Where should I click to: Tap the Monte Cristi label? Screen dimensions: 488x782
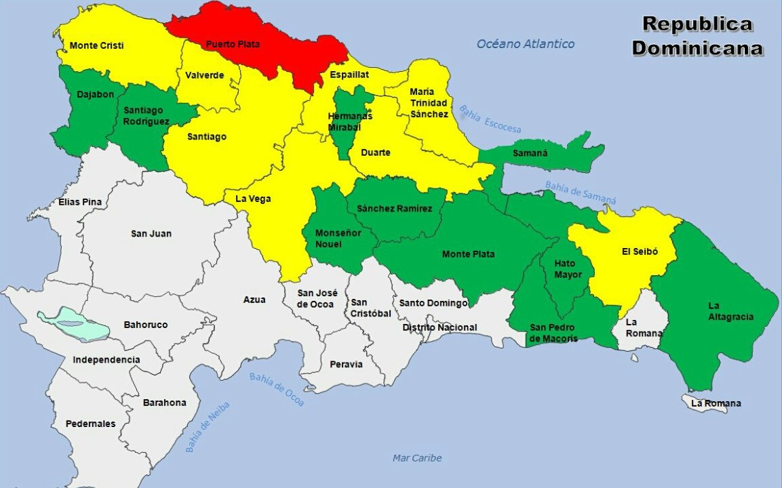click(97, 46)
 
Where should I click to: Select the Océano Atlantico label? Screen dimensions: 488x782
click(525, 44)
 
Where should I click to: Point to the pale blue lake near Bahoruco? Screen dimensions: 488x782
click(75, 324)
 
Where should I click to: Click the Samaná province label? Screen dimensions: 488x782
click(530, 154)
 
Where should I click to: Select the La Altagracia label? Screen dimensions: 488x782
click(730, 311)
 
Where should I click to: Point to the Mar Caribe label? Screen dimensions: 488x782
click(417, 458)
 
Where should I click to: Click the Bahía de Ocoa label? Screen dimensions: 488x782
click(276, 390)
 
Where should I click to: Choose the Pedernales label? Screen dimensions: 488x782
click(90, 424)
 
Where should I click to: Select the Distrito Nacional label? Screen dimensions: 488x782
click(439, 327)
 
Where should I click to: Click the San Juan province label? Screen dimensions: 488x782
click(151, 234)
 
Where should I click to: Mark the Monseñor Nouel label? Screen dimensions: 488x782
click(338, 238)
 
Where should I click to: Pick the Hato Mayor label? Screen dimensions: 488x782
click(564, 269)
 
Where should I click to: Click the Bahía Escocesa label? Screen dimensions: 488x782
click(490, 119)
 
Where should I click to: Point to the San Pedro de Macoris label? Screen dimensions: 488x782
click(553, 333)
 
